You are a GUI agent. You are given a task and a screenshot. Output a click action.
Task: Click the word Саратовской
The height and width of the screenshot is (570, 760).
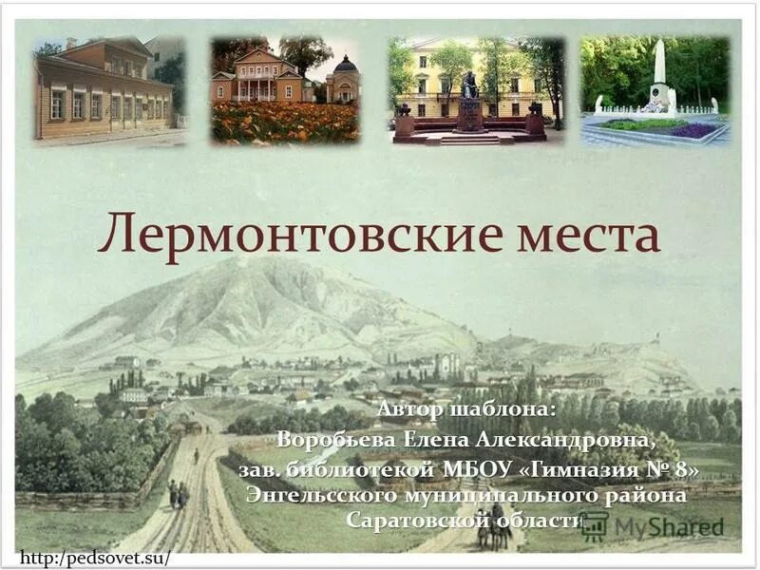[417, 521]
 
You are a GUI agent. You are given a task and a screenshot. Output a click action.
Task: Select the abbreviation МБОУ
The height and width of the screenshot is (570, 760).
[476, 469]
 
